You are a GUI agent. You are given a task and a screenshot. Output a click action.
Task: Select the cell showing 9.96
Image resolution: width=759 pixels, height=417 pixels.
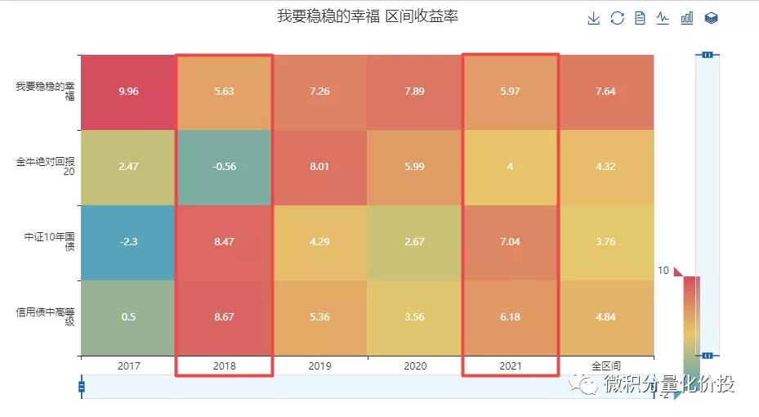click(128, 92)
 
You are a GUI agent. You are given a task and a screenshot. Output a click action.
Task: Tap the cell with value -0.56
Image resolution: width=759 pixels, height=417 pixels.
click(224, 167)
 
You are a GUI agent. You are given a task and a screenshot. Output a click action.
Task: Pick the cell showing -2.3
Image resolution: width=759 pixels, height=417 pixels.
click(128, 242)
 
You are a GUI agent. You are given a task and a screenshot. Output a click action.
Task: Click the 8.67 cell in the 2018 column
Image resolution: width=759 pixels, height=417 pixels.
click(224, 317)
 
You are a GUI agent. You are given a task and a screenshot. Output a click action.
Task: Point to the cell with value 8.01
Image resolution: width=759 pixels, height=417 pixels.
click(319, 167)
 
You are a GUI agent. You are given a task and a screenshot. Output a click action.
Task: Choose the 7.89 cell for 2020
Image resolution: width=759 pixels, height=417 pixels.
click(415, 92)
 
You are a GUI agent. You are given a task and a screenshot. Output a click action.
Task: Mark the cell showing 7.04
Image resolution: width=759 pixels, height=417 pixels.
click(511, 242)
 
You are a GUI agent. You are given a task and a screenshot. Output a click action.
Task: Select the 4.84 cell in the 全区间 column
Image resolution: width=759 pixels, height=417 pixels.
click(605, 317)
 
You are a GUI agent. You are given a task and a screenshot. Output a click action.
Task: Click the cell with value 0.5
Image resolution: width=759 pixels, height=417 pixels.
click(128, 317)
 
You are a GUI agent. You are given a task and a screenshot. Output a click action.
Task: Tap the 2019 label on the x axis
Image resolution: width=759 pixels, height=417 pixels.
click(319, 365)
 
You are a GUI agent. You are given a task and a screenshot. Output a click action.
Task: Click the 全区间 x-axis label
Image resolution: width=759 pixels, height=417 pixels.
click(605, 365)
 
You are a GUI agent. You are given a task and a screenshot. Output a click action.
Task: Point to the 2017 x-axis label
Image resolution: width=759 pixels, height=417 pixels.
click(128, 365)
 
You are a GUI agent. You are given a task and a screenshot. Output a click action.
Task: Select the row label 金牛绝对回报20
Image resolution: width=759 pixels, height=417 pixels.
click(46, 167)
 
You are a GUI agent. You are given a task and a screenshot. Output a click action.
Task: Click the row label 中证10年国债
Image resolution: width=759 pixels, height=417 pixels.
click(50, 242)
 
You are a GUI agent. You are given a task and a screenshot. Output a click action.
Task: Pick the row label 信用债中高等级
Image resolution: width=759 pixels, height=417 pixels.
click(46, 317)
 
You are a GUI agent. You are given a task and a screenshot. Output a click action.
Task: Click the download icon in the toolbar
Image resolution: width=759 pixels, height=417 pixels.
click(594, 18)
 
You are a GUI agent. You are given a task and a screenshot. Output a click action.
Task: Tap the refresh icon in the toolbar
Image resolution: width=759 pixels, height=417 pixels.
click(617, 18)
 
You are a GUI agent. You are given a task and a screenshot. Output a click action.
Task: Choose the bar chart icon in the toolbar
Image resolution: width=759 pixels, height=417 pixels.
click(687, 18)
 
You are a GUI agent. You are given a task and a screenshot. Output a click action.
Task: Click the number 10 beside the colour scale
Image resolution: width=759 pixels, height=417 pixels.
click(663, 271)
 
